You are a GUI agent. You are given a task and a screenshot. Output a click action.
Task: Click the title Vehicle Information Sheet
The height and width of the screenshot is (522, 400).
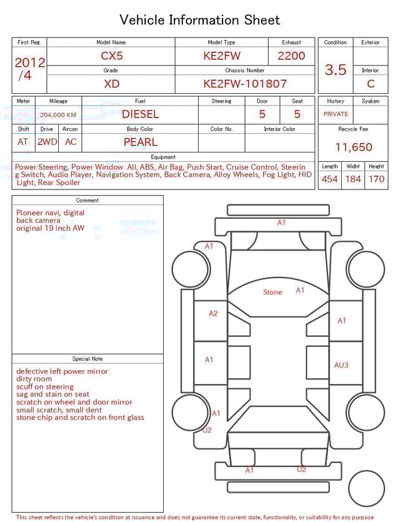pyautogui.click(x=200, y=20)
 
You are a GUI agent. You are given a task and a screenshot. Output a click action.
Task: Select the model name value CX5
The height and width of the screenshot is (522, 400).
pyautogui.click(x=112, y=56)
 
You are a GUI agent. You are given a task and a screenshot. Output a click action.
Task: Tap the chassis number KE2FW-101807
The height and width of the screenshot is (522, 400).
pyautogui.click(x=245, y=84)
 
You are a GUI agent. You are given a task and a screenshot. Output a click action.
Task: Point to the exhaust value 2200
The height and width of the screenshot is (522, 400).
pyautogui.click(x=291, y=56)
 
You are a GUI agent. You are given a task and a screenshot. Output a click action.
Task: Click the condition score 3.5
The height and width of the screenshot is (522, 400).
pyautogui.click(x=336, y=70)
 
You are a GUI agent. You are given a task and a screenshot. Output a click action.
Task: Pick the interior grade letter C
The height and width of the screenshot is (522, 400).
pyautogui.click(x=371, y=84)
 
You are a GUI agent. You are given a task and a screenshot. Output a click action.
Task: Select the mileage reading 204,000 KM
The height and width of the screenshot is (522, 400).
pyautogui.click(x=58, y=115)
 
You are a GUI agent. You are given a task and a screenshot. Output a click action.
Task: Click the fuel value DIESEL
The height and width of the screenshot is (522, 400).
pyautogui.click(x=140, y=114)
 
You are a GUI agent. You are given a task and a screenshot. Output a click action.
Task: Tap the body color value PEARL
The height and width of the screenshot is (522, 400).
pyautogui.click(x=140, y=142)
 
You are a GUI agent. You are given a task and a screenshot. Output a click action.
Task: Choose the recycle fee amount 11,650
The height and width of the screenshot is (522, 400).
pyautogui.click(x=354, y=148)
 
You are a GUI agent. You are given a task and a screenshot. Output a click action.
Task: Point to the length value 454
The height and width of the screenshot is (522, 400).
pyautogui.click(x=329, y=179)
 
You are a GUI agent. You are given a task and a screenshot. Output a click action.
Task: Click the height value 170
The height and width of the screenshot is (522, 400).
pyautogui.click(x=376, y=179)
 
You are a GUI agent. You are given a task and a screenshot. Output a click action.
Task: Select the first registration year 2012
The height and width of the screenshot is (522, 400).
pyautogui.click(x=29, y=63)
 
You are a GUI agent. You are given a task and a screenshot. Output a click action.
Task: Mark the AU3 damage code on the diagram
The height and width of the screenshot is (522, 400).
pyautogui.click(x=341, y=365)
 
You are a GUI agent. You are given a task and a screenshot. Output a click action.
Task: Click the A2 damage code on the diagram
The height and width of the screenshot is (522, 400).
pyautogui.click(x=213, y=313)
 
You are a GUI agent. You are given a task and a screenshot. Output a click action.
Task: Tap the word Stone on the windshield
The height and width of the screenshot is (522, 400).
pyautogui.click(x=272, y=292)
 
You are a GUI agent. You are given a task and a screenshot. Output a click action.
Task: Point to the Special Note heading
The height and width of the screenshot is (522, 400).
pyautogui.click(x=87, y=359)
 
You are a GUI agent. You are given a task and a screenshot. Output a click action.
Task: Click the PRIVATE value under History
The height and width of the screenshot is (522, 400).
pyautogui.click(x=336, y=114)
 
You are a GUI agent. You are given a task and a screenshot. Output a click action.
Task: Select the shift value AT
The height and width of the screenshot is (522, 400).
pyautogui.click(x=23, y=142)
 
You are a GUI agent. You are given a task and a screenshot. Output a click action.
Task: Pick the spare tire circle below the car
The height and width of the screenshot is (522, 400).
pyautogui.click(x=366, y=488)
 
